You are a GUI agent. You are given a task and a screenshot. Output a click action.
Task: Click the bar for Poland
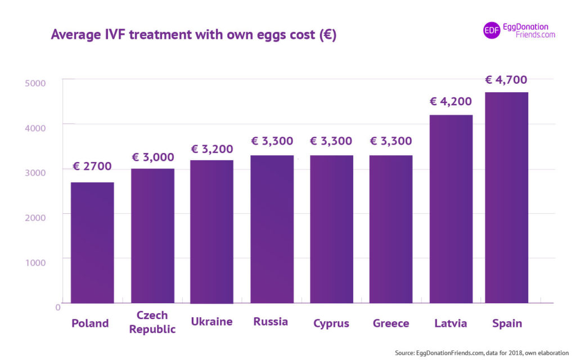(x=92, y=242)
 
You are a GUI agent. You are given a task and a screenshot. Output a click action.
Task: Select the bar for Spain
(x=506, y=197)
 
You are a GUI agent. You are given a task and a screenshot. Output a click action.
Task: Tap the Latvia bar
(x=451, y=209)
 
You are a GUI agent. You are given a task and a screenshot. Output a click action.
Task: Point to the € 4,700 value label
(x=506, y=80)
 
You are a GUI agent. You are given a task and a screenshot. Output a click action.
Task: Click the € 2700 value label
(x=92, y=166)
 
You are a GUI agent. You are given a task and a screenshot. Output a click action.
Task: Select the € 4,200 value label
(x=451, y=102)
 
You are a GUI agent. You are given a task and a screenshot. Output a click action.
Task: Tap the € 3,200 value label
(x=212, y=149)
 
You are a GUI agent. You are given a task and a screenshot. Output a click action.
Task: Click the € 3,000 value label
(x=152, y=157)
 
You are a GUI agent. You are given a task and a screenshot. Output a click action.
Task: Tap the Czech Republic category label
(x=152, y=322)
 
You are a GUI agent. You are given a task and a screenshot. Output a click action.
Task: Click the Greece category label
(x=391, y=323)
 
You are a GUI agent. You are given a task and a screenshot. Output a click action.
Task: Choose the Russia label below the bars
(x=271, y=322)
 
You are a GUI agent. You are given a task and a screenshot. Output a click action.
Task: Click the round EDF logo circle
(x=492, y=30)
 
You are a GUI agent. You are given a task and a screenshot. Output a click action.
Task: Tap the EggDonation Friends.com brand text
(x=529, y=30)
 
